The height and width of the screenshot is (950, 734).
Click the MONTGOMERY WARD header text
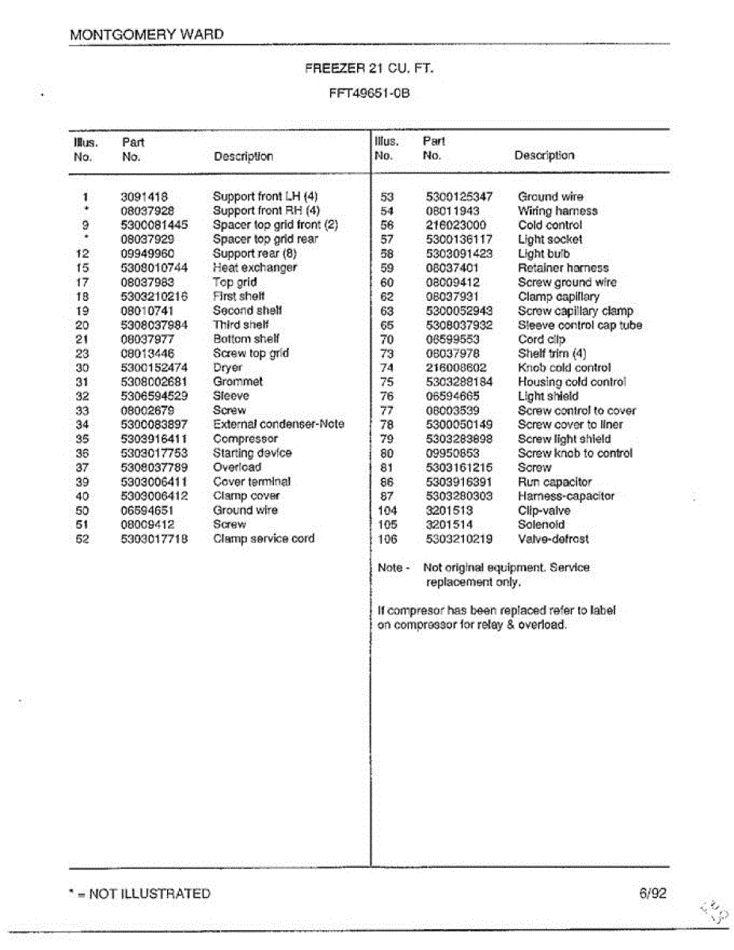click(146, 35)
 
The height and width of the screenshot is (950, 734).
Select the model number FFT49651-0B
click(370, 93)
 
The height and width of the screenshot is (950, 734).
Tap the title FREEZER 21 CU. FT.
click(370, 69)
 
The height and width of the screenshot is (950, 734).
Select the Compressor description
click(245, 439)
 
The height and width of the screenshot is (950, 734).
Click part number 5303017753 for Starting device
click(154, 453)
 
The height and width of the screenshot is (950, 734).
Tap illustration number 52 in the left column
click(82, 539)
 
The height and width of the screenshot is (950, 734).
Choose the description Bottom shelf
click(245, 339)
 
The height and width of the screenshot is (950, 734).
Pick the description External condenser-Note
click(278, 424)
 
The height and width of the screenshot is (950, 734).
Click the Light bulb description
click(543, 254)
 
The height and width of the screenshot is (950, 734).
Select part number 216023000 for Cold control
click(456, 226)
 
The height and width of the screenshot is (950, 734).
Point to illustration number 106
click(387, 539)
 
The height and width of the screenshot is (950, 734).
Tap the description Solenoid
click(541, 525)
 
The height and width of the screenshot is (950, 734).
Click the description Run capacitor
click(554, 482)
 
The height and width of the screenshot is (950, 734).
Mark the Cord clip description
click(542, 340)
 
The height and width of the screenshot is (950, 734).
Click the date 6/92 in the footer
click(653, 893)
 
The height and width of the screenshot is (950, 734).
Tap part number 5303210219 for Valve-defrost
click(458, 539)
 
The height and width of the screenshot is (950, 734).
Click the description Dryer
click(227, 367)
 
